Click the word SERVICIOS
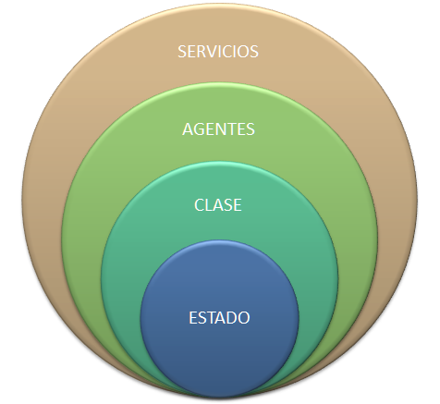[218, 52]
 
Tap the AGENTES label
[218, 129]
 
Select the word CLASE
[218, 205]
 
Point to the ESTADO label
[219, 318]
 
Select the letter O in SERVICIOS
[244, 52]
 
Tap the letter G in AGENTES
[200, 129]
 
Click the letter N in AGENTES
[221, 129]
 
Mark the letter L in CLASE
[209, 205]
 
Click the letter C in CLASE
[200, 205]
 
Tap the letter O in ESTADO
[243, 318]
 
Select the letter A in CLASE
[219, 205]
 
